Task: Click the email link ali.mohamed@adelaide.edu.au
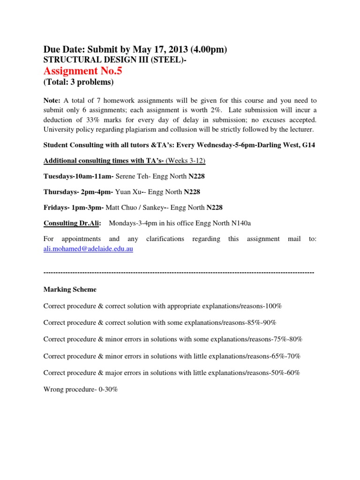(88, 249)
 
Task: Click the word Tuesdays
(59, 176)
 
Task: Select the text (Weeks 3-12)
(184, 161)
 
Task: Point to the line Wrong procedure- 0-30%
(80, 389)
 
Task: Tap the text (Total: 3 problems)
(78, 82)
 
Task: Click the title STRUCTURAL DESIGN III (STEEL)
(114, 60)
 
